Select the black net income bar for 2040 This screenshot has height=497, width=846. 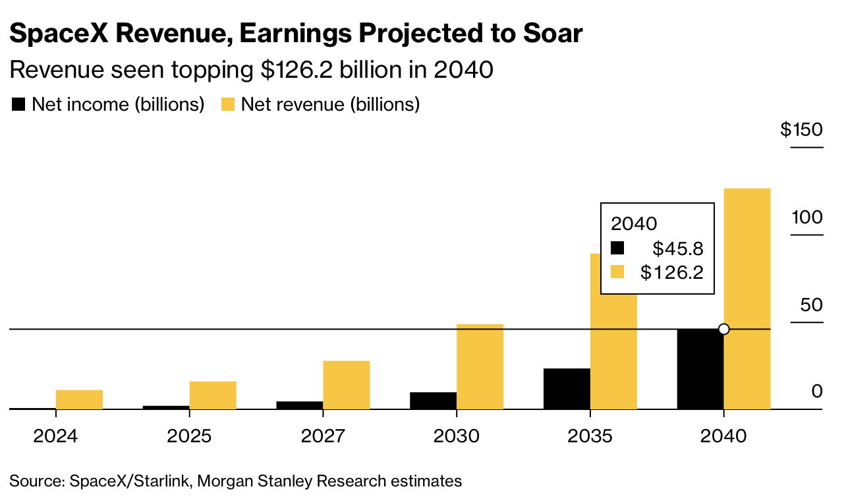coord(700,369)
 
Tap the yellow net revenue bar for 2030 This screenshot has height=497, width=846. coord(480,366)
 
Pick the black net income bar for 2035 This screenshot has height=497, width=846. coord(567,389)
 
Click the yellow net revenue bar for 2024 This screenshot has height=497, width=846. coord(79,399)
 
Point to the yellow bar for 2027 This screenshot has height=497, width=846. coord(346,385)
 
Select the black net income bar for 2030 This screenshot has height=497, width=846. coord(433,401)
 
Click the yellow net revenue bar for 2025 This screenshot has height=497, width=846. coord(213,395)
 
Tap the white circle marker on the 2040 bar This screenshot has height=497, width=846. coord(723,329)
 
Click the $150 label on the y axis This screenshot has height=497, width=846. coord(801,130)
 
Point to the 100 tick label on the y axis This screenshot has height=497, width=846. coord(807,218)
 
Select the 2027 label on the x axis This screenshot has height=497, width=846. coord(323,436)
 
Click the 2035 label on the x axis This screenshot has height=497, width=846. coord(590,436)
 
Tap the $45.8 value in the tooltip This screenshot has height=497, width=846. coord(678,248)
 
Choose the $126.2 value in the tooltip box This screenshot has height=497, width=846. coord(672,272)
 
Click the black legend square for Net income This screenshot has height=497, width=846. coord(19,104)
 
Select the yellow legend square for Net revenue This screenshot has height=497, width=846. coord(227,104)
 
